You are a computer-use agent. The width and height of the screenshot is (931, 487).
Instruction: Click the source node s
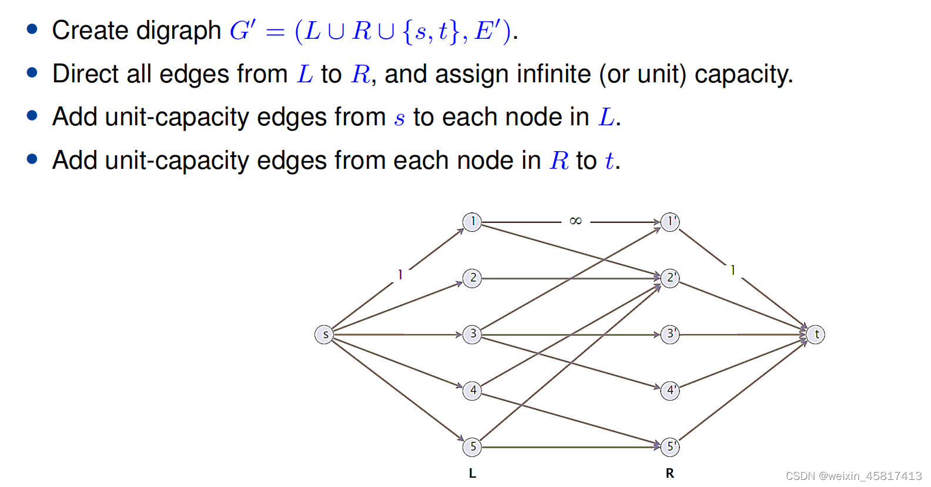324,335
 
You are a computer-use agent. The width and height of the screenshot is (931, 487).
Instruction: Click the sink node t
816,335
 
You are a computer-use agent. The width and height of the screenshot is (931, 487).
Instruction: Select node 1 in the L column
472,222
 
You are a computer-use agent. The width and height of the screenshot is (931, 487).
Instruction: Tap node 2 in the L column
472,278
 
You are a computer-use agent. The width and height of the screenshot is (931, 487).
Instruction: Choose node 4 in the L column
472,391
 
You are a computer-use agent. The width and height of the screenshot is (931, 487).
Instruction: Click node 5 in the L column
472,447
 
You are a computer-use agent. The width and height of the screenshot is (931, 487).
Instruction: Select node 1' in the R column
670,222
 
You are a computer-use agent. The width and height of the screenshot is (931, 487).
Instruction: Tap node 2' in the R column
670,278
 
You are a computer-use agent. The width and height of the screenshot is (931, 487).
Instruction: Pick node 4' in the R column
670,391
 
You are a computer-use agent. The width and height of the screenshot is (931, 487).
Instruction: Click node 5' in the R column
670,447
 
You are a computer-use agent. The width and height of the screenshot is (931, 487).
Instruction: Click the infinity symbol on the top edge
575,221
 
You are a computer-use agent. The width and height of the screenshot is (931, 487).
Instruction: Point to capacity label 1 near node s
400,275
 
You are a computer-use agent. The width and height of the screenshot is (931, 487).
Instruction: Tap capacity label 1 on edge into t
732,270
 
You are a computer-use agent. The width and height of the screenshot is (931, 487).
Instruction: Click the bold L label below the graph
472,473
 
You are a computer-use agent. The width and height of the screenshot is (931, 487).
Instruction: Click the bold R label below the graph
669,473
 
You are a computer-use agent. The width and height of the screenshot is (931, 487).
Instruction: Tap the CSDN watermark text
853,476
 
